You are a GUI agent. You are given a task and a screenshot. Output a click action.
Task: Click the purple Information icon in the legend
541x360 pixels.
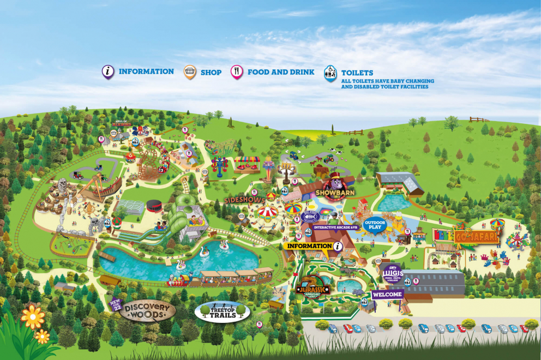coord(109,71)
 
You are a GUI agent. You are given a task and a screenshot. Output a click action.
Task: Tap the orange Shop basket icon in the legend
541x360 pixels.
coord(190,71)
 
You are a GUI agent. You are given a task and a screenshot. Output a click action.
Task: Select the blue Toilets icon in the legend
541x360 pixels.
coord(330,74)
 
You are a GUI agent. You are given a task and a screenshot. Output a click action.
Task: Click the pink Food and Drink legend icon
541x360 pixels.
coord(237,71)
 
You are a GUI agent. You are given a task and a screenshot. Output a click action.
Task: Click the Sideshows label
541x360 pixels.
coord(245,200)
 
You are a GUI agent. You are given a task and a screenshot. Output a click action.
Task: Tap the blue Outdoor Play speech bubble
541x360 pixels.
coord(375,225)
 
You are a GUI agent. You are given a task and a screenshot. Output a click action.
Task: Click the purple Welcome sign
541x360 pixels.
coord(387,295)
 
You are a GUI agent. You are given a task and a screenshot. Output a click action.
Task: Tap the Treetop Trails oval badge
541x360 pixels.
coord(222,311)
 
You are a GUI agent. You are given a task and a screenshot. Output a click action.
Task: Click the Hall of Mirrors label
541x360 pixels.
coord(123,123)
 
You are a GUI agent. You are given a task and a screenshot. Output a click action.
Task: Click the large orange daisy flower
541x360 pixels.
coord(33,316)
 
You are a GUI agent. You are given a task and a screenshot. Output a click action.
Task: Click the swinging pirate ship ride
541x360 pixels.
coord(101,187)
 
